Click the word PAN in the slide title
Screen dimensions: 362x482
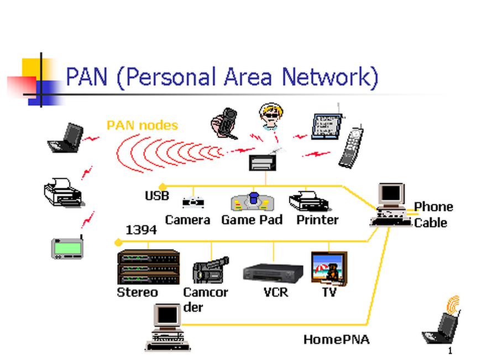pyautogui.click(x=87, y=76)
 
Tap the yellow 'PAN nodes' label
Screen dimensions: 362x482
pyautogui.click(x=142, y=125)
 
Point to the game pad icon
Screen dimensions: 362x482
pyautogui.click(x=253, y=202)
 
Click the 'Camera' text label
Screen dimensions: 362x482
pyautogui.click(x=187, y=220)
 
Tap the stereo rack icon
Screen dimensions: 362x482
pyautogui.click(x=149, y=267)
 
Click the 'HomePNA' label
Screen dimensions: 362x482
pyautogui.click(x=336, y=339)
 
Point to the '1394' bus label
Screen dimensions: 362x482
pyautogui.click(x=141, y=230)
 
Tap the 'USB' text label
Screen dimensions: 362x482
pyautogui.click(x=157, y=196)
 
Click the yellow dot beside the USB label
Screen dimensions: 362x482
pyautogui.click(x=163, y=187)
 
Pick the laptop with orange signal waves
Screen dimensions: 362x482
pyautogui.click(x=443, y=324)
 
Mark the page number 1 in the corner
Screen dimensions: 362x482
pyautogui.click(x=450, y=351)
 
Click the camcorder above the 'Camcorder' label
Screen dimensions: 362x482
pyautogui.click(x=210, y=270)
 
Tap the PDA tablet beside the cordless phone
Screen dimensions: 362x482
pyautogui.click(x=324, y=126)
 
